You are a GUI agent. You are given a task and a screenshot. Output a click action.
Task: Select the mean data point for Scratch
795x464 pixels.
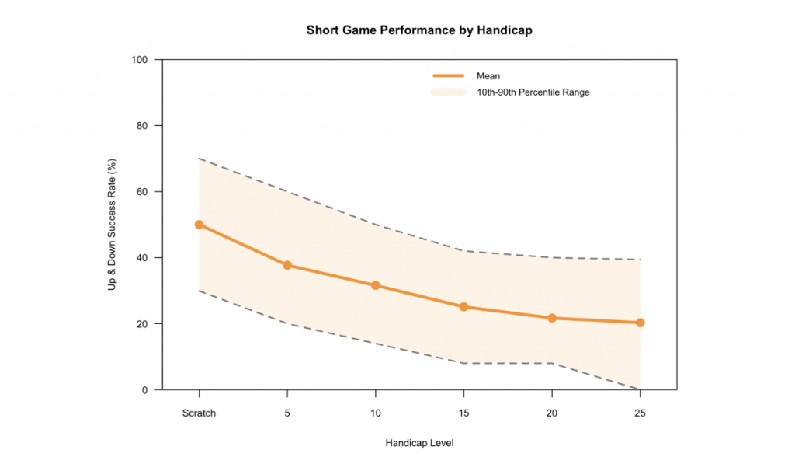tap(199, 225)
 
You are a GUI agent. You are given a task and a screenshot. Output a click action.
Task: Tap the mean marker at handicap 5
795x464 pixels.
tap(287, 265)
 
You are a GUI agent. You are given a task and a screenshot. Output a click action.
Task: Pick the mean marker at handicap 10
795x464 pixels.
tap(376, 285)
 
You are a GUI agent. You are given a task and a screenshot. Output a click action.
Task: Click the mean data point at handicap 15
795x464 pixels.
tap(463, 307)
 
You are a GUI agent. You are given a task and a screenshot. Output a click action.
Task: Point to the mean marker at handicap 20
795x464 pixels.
tap(552, 318)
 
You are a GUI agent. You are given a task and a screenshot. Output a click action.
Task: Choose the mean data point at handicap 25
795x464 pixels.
tap(640, 323)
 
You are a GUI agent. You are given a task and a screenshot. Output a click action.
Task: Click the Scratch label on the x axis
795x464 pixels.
tap(199, 413)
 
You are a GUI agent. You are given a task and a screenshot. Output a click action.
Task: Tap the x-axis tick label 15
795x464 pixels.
tap(463, 413)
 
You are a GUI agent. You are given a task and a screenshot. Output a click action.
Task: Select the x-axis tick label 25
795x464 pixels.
tap(640, 413)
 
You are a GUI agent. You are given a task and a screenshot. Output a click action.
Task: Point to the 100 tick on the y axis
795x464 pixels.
tap(142, 60)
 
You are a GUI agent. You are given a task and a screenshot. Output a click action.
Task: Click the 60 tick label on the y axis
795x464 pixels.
tap(144, 192)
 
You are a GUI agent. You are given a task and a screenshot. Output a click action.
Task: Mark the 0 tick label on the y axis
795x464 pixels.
tap(148, 390)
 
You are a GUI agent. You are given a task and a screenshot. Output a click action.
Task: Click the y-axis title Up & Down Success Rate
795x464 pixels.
tap(113, 225)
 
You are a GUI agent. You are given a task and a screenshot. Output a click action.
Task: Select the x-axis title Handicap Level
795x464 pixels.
tap(419, 443)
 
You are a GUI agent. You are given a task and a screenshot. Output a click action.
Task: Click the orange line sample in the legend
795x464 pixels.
tap(448, 75)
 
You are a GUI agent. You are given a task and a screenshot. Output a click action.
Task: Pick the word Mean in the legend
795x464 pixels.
tap(488, 76)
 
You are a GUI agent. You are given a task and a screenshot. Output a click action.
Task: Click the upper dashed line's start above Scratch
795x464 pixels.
tap(199, 159)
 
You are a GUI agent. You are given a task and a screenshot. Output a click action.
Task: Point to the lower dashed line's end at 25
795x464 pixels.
tap(640, 389)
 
